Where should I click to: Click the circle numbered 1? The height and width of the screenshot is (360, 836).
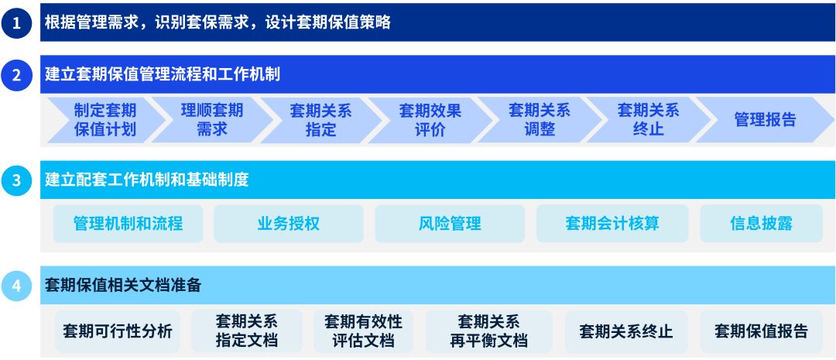16,22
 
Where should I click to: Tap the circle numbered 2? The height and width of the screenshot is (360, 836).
16,74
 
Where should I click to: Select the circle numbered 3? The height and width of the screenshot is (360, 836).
16,180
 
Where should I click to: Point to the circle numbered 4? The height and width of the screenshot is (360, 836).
16,286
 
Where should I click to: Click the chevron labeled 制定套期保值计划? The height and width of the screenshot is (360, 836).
105,120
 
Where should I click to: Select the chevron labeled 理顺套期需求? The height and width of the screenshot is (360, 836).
211,120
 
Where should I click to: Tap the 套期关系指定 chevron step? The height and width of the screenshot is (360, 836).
320,120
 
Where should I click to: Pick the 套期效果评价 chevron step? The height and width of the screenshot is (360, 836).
430,120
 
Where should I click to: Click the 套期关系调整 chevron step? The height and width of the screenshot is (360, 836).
539,120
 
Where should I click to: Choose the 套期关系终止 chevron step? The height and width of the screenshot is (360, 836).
648,120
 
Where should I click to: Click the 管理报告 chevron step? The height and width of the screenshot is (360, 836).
764,120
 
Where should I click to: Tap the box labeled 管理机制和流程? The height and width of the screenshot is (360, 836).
128,224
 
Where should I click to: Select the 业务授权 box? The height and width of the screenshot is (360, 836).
288,224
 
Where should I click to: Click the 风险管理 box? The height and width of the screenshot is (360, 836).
450,224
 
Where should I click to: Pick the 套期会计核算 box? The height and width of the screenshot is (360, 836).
612,224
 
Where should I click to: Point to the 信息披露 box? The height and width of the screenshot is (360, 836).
761,224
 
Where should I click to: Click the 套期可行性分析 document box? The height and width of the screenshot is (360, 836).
118,331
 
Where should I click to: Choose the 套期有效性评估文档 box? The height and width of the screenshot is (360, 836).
363,331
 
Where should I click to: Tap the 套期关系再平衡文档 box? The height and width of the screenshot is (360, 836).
488,331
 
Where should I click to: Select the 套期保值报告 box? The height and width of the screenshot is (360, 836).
761,331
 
